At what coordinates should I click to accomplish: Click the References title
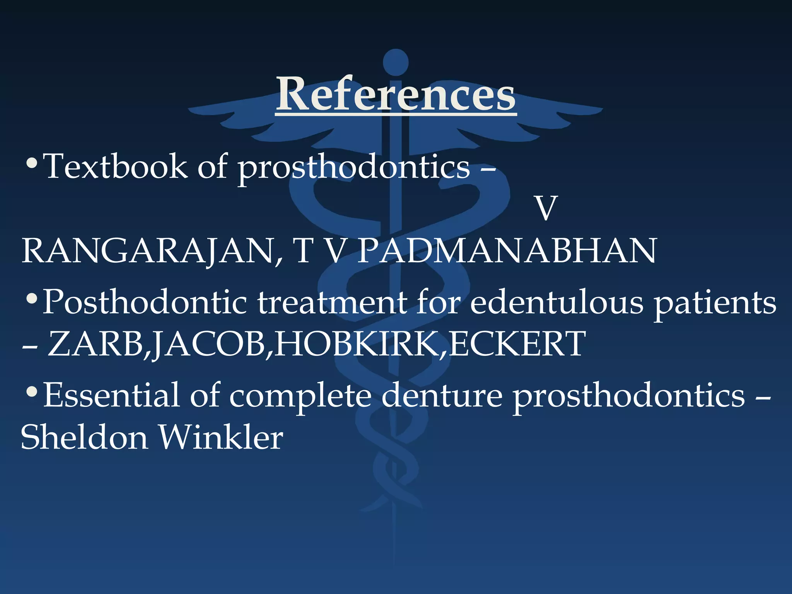coord(396,94)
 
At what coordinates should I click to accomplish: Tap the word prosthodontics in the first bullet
coord(353,168)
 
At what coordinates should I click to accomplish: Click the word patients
coord(715,304)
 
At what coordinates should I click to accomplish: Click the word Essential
coord(111,395)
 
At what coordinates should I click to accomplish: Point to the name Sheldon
coord(84,437)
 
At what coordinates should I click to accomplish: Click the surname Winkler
coord(221,437)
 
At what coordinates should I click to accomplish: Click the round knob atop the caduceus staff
coord(396,62)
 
